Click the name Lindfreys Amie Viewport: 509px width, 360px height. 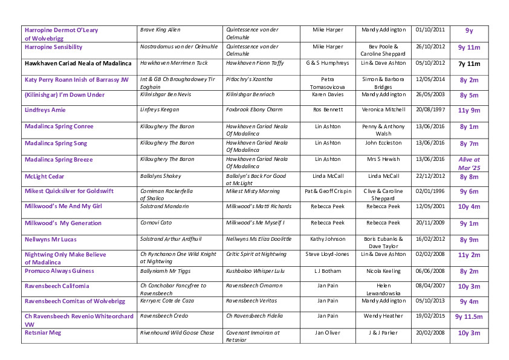coord(45,110)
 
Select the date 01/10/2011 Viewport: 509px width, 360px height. coord(430,30)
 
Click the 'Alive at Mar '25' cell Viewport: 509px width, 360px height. coord(469,163)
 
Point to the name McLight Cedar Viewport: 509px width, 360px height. coord(44,177)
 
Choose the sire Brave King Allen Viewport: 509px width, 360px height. coord(160,30)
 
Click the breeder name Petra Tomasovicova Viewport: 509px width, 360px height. coord(328,83)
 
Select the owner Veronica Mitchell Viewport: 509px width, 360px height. coord(384,110)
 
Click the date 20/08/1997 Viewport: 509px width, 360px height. coord(430,110)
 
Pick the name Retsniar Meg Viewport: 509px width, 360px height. coord(43,332)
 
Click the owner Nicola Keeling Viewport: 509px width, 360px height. coord(384,271)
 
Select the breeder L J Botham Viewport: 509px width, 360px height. coord(328,271)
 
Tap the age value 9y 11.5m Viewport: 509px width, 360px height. coord(469,316)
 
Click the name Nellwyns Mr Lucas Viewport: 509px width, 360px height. coord(50,239)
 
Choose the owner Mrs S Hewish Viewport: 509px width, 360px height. coord(384,159)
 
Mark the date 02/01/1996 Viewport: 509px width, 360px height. coord(430,191)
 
